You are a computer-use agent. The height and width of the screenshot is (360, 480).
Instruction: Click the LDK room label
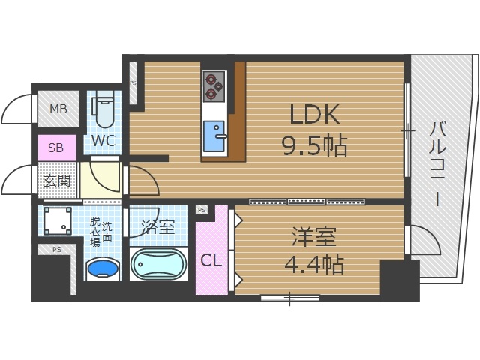click(315, 115)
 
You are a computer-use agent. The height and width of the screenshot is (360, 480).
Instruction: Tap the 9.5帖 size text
click(314, 145)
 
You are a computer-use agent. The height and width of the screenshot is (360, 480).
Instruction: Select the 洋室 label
click(314, 238)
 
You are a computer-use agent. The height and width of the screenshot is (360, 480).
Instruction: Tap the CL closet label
click(210, 260)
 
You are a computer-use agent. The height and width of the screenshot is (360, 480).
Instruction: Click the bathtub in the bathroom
click(160, 264)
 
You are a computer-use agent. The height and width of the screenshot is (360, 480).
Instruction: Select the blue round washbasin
click(103, 268)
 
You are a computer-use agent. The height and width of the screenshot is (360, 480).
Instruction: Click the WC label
click(103, 140)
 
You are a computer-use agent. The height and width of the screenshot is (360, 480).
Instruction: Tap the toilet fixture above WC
click(104, 110)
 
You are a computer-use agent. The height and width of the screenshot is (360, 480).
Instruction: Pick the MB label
click(58, 109)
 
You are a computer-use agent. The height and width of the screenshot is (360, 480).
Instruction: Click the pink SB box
click(56, 148)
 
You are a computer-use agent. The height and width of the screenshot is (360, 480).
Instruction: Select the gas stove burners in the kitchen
click(214, 84)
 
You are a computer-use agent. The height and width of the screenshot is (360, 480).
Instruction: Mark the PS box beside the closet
click(201, 211)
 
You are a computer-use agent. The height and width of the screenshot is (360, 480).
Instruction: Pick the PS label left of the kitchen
click(133, 82)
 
